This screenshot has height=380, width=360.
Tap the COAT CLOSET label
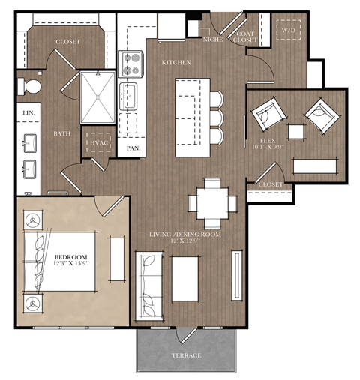247,36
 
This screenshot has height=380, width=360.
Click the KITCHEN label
176,63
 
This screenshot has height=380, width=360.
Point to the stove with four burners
131,64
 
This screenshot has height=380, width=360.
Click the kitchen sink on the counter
130,96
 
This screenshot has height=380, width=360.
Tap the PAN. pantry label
133,149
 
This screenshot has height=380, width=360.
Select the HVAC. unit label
99,142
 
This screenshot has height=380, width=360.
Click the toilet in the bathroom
31,86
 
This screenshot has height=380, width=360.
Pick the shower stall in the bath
97,96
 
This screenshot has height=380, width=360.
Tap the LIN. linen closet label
28,113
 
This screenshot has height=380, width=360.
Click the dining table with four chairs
212,202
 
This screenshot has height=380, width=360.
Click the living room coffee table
185,278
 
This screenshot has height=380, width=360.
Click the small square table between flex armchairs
296,131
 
